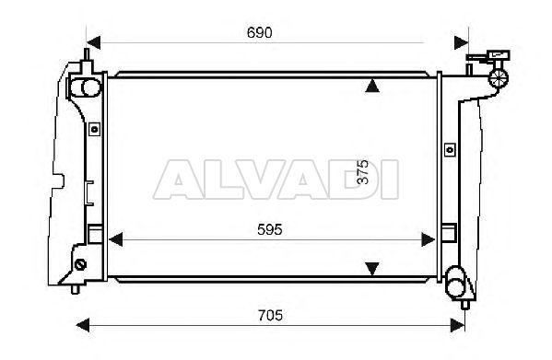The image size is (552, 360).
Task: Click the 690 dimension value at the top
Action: click(260, 33)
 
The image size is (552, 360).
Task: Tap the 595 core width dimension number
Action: click(270, 230)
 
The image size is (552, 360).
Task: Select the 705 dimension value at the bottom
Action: click(270, 316)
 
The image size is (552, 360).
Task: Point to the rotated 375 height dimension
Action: click(362, 171)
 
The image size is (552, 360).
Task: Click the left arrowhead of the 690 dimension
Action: click(94, 42)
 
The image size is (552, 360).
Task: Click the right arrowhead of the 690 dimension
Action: click(461, 42)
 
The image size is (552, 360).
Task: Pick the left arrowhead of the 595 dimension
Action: click(116, 239)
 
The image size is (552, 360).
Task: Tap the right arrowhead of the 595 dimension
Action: click(429, 239)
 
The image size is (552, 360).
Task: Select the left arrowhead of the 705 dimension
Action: click(83, 325)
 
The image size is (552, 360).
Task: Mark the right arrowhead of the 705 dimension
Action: click(458, 325)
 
